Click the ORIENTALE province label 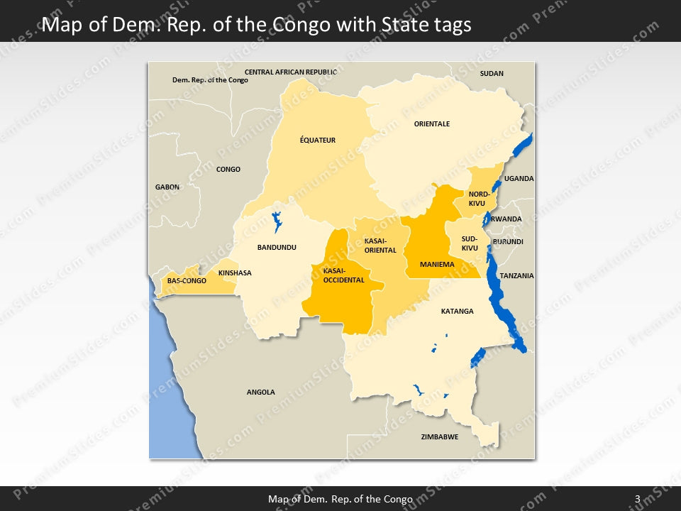point(432,124)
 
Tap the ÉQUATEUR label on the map point(317,141)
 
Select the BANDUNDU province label point(277,248)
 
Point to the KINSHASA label point(235,273)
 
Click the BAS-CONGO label point(187,281)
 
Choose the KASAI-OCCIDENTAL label point(343,275)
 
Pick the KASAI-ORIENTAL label point(380,246)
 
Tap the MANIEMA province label point(437,265)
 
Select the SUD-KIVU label point(470,243)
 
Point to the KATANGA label point(457,312)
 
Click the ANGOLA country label point(260,392)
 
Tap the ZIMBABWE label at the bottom point(439,437)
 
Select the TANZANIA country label point(516,276)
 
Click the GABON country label point(167,187)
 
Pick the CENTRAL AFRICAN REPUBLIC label point(291,72)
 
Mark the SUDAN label point(492,74)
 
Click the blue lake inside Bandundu point(277,221)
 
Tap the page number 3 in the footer point(637,499)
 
